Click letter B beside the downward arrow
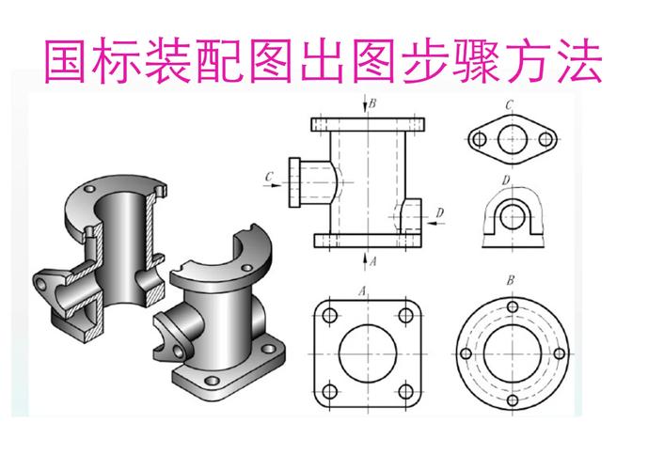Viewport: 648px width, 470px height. tap(372, 103)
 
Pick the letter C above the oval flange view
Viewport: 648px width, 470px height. tap(508, 105)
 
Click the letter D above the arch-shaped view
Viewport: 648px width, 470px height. tap(506, 180)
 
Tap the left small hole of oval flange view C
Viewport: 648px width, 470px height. tap(477, 141)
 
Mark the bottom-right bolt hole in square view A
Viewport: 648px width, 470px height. tap(407, 392)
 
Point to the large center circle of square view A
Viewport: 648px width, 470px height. tap(369, 354)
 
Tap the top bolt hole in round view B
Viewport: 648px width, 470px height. tap(510, 308)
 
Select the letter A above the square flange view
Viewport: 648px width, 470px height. tap(362, 288)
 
